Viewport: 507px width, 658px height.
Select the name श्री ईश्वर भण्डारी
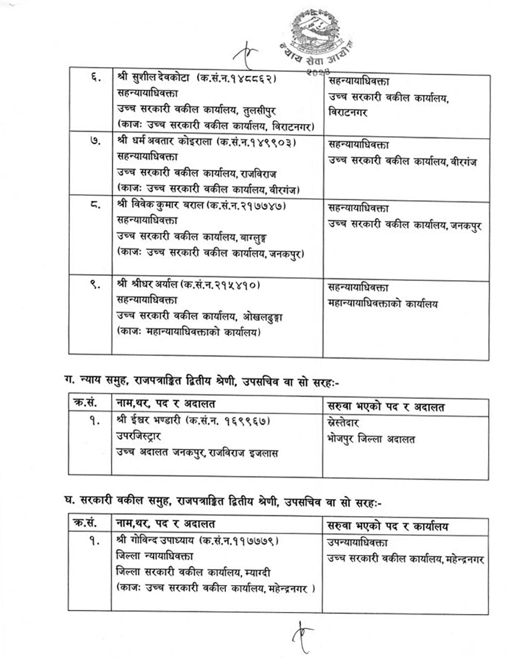point(150,422)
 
